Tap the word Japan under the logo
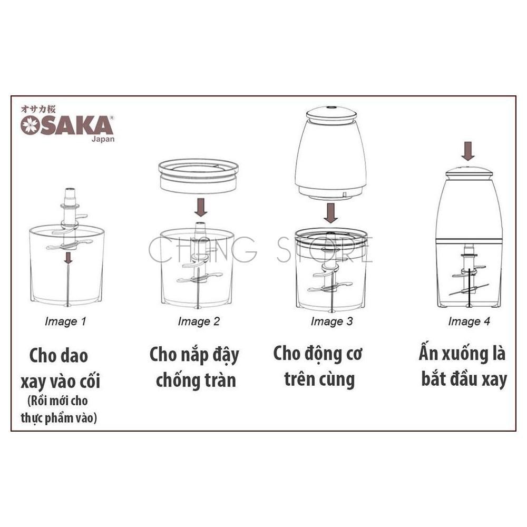103,139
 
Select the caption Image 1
65,321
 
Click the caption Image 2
199,321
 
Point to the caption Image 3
331,321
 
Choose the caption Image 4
469,321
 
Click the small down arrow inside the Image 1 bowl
68,258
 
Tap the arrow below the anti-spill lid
201,207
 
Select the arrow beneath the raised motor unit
331,213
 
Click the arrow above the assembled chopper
468,151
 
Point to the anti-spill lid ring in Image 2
198,176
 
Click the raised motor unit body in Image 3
331,153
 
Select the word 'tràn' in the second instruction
220,380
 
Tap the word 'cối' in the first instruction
90,381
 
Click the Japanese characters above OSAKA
38,109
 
